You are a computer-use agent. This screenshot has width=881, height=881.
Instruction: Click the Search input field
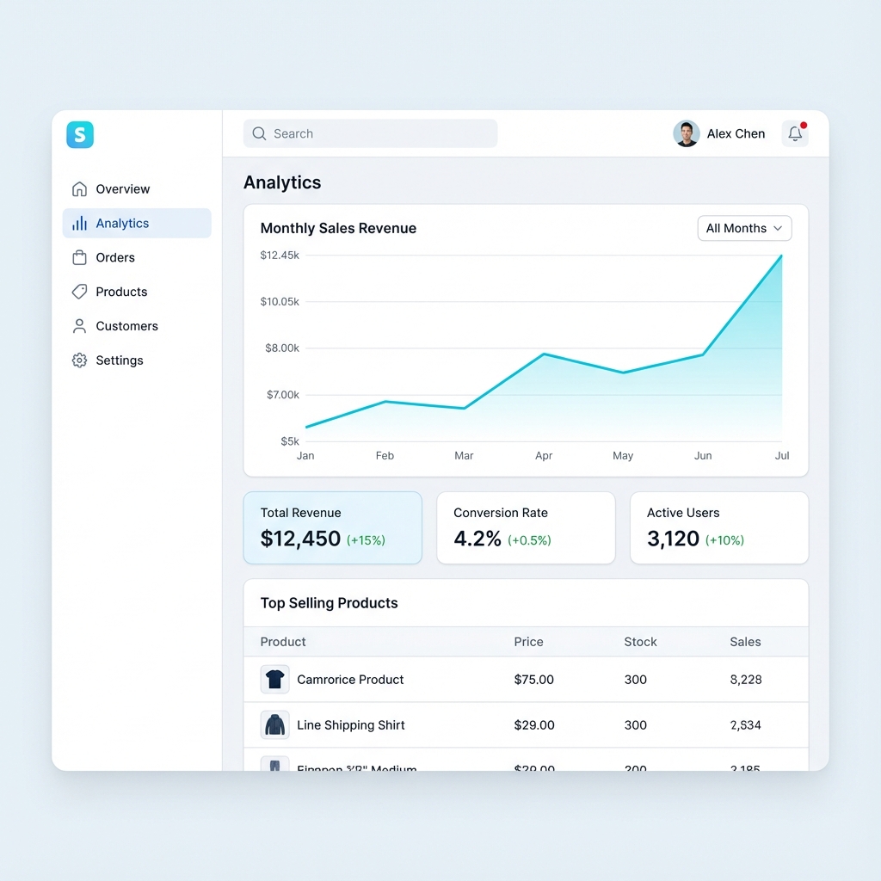tap(370, 133)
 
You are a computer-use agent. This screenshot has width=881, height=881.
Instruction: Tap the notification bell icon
tap(795, 133)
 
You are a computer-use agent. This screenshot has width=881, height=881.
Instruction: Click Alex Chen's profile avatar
tap(686, 133)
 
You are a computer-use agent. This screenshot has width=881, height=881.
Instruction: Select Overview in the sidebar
tap(122, 189)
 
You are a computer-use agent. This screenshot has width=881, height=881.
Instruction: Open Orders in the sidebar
tap(115, 257)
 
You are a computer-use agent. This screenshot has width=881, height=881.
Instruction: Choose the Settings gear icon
tap(79, 360)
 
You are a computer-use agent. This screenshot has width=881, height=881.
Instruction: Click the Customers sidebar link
tap(126, 326)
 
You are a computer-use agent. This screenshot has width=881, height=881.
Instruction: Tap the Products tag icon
tap(79, 292)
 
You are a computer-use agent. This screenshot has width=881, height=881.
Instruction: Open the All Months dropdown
tap(744, 228)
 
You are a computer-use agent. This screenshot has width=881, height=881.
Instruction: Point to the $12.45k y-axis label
tap(280, 256)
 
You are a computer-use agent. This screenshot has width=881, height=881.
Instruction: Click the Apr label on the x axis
tap(544, 456)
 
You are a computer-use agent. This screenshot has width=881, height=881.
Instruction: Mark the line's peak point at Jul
tap(781, 256)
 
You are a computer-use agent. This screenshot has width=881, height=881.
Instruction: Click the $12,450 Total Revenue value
tap(301, 539)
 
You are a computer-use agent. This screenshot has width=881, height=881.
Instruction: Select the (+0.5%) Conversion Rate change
tap(529, 540)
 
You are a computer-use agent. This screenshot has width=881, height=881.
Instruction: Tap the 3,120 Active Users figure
tap(673, 539)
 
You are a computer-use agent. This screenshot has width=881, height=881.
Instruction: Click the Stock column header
tap(640, 642)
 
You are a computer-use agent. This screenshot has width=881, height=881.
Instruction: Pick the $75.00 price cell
tap(533, 680)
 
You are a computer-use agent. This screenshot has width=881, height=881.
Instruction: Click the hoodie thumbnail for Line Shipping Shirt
tap(274, 724)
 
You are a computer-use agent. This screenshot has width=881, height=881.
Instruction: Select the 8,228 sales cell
tap(745, 680)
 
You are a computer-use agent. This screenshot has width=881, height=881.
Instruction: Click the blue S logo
tap(80, 134)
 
